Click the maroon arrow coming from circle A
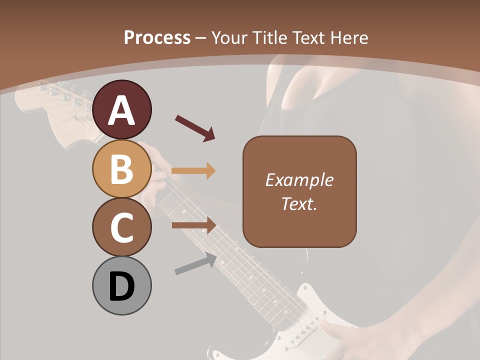(x=195, y=128)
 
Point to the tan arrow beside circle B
(x=193, y=171)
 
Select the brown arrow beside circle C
(x=193, y=225)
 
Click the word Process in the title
(x=157, y=37)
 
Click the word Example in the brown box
(x=299, y=180)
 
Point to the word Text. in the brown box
(x=299, y=203)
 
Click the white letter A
(x=122, y=111)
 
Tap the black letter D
(x=122, y=287)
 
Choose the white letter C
(x=122, y=227)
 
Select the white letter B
(x=122, y=169)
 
